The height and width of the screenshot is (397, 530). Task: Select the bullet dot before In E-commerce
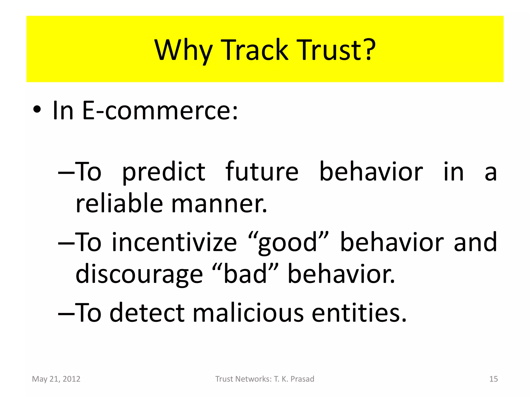click(x=37, y=110)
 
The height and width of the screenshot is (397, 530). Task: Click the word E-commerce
click(x=160, y=111)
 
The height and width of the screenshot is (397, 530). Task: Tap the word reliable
click(x=119, y=203)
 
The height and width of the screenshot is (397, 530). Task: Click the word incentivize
click(x=174, y=242)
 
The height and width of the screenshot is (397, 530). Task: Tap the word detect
click(x=147, y=313)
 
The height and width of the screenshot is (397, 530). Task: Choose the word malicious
click(x=248, y=313)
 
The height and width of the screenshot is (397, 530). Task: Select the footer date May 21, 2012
click(x=56, y=379)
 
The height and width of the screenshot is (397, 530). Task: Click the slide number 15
click(x=494, y=379)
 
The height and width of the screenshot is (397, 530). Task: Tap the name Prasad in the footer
click(x=302, y=379)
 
